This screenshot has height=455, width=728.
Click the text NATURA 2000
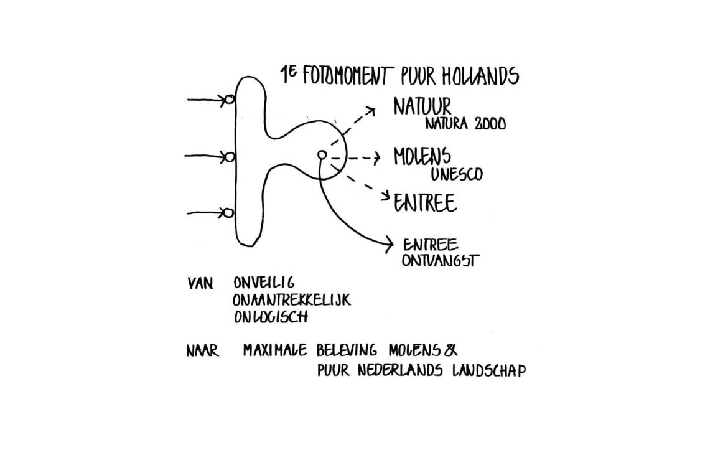(465, 124)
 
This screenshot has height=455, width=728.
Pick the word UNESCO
(456, 174)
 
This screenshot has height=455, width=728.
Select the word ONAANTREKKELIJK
(292, 300)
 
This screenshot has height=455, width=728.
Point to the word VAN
(200, 283)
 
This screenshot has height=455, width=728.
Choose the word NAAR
(203, 351)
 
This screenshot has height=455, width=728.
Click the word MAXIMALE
(275, 350)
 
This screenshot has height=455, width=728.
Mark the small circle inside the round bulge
(322, 154)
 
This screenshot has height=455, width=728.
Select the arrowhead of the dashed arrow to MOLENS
(376, 159)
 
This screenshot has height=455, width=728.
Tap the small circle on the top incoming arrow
(230, 100)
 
